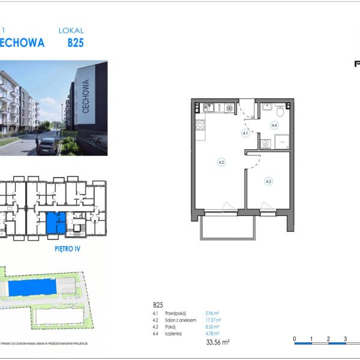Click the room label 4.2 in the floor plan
[221, 162]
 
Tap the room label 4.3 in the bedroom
[268, 181]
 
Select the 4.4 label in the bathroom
[274, 125]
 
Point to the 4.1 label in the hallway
[245, 133]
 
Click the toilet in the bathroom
[280, 109]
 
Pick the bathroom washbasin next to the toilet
[266, 109]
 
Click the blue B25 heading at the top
[76, 43]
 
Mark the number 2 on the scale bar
[328, 340]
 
